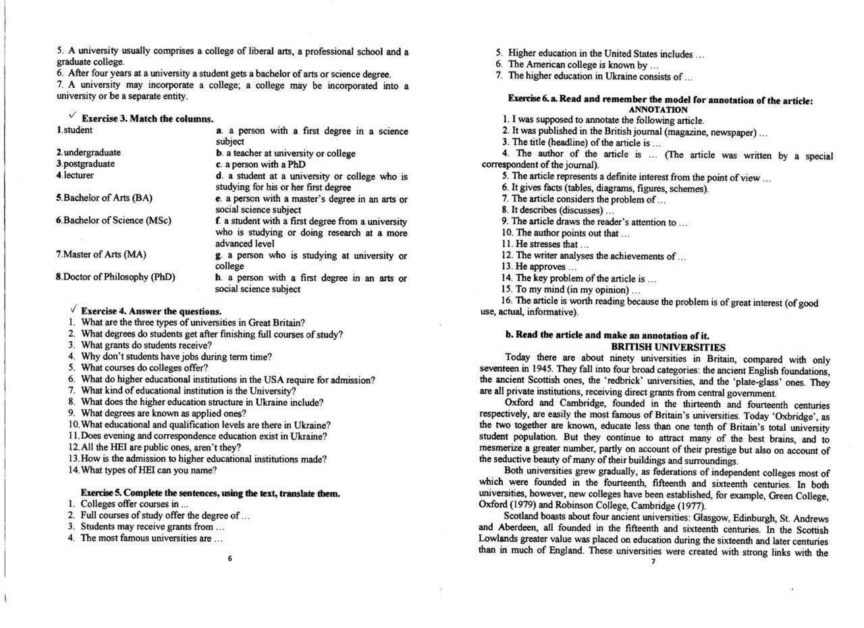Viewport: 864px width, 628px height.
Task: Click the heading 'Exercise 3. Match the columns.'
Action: [x=147, y=119]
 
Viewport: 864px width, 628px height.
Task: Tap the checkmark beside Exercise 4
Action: [x=73, y=309]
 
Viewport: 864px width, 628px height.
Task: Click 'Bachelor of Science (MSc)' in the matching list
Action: [x=113, y=220]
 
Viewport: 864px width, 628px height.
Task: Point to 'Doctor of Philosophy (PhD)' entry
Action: [x=115, y=277]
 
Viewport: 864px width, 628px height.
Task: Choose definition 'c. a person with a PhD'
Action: [x=260, y=164]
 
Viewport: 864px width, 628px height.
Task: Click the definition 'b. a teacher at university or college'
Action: [x=285, y=153]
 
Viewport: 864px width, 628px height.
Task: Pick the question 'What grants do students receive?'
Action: [x=146, y=345]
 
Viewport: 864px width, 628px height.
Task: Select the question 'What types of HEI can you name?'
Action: [x=148, y=470]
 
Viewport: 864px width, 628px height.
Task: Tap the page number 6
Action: [x=230, y=558]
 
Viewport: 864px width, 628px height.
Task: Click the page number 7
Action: [x=653, y=562]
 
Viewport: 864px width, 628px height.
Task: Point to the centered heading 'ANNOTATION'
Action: [x=657, y=109]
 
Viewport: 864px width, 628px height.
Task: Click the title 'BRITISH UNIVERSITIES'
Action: [x=658, y=346]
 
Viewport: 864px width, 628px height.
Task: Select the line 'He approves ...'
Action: [x=539, y=267]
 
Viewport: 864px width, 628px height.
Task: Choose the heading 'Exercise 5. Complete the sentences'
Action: [x=210, y=493]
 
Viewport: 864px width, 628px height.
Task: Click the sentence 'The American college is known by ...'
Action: [x=583, y=65]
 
